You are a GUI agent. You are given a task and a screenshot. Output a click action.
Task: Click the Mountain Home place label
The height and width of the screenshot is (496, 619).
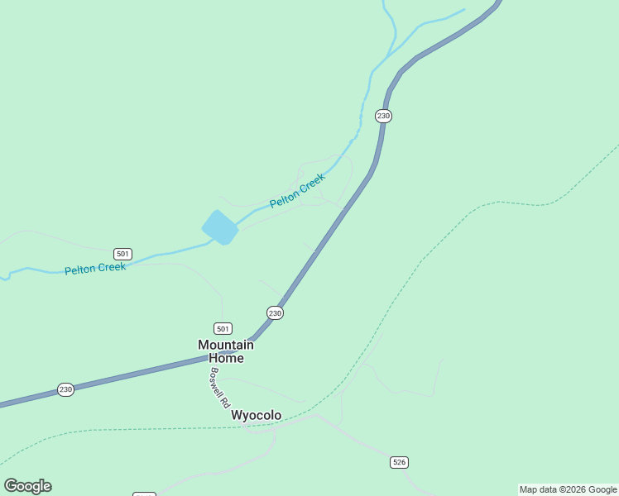click(x=225, y=351)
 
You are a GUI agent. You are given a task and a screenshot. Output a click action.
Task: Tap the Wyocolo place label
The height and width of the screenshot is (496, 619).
click(x=256, y=415)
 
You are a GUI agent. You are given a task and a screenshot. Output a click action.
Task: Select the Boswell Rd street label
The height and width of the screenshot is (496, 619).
click(x=219, y=389)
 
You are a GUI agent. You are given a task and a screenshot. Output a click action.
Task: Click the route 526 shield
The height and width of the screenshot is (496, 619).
click(x=399, y=462)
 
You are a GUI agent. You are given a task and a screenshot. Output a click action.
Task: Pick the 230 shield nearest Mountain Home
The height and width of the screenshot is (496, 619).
click(x=275, y=312)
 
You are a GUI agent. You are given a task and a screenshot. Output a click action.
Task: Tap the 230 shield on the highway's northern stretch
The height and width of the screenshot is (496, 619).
click(x=382, y=116)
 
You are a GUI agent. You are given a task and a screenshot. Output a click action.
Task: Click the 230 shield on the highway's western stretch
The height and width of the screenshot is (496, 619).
click(x=65, y=389)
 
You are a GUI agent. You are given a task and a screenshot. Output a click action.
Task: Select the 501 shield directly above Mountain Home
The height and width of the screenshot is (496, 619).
click(x=222, y=328)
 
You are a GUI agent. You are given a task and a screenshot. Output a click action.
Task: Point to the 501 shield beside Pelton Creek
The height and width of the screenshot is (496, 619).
click(x=122, y=254)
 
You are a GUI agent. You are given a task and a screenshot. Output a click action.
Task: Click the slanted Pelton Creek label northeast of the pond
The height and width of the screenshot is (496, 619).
click(x=297, y=190)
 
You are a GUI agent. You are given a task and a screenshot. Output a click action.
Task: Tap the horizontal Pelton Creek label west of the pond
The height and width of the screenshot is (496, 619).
click(x=95, y=269)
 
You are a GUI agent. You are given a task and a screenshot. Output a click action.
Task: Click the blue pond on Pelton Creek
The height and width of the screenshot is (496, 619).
click(x=219, y=227)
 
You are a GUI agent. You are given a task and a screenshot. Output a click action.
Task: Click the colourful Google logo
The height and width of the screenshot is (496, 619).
click(x=27, y=486)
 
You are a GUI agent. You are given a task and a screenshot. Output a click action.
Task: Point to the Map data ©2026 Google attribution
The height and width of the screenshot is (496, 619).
click(x=568, y=489)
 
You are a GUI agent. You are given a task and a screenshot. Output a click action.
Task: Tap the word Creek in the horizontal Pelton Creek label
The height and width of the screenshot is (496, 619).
click(x=111, y=268)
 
